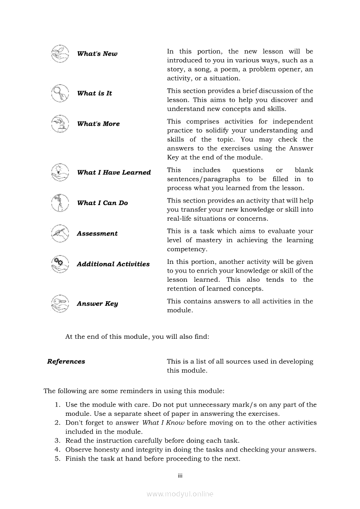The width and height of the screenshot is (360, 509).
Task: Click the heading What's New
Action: coord(97,54)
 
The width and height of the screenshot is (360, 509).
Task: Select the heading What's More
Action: coord(98,124)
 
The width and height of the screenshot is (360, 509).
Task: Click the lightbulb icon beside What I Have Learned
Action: coord(60,172)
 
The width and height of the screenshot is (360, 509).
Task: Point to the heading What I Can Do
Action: coord(102,203)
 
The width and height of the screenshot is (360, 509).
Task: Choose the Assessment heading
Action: coord(97,234)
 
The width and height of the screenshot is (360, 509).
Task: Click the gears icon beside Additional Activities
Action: coord(60,263)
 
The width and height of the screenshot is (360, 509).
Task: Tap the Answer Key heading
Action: coord(97,304)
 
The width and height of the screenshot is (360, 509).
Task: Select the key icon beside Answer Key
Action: coord(60,303)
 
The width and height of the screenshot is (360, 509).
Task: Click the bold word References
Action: coord(66,361)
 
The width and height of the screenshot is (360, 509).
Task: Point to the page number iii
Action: coord(180,475)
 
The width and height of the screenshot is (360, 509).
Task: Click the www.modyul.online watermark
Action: coord(180,494)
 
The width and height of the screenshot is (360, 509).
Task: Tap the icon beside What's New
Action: coord(60,54)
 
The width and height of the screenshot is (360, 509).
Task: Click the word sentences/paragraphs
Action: coord(204,179)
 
